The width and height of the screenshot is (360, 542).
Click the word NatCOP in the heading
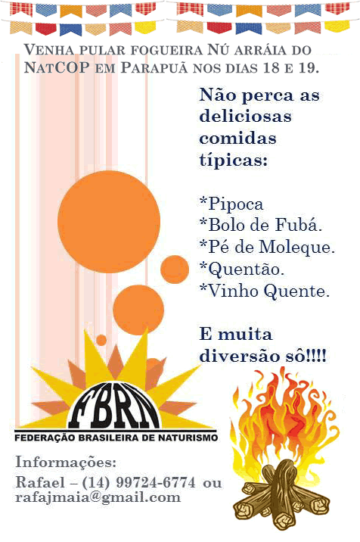coord(57,67)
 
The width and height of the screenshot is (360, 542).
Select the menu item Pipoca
coord(231,204)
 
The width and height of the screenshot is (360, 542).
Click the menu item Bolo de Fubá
coord(261,225)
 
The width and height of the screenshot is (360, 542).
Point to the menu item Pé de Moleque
coord(268,247)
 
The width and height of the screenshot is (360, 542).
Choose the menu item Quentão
coord(242,269)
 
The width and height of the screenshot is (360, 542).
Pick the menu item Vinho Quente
coord(265,291)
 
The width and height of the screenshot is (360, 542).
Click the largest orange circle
coord(109,222)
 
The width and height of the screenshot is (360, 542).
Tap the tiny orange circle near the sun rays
coord(101,340)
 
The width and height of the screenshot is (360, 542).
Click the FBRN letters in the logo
coord(114,406)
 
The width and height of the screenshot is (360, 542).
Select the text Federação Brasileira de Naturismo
coord(116,438)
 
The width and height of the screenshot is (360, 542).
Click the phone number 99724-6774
coord(156,482)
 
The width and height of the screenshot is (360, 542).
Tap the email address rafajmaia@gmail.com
coord(98,497)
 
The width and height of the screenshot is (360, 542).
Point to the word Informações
coord(66,463)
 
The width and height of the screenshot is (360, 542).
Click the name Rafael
coord(40,482)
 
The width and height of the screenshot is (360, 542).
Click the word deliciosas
coord(245,116)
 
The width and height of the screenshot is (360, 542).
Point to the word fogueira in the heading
coord(166,50)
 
